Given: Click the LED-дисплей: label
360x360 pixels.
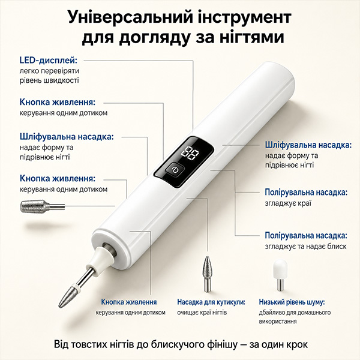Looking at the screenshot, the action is [x=49, y=61].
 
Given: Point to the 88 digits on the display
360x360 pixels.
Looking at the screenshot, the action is [x=190, y=153].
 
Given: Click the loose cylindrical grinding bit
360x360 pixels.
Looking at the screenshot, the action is [x=43, y=206].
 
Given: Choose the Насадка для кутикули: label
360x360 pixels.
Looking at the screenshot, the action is [x=211, y=302].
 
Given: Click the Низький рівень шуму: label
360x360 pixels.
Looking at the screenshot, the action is [x=292, y=302].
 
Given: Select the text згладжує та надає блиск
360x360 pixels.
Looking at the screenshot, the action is [x=305, y=247].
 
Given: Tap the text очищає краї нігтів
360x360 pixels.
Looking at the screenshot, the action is [x=202, y=313].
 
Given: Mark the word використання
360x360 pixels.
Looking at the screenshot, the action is [x=278, y=321].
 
